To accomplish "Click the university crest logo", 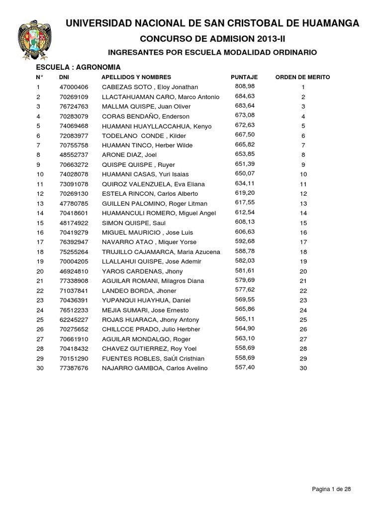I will (x=33, y=39).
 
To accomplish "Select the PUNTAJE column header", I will (x=244, y=77).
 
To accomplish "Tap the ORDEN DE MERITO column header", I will (x=302, y=77).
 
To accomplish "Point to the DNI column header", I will (x=64, y=77).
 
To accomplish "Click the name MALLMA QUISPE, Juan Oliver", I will (x=140, y=106).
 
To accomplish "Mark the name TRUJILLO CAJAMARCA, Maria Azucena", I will (x=161, y=252).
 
